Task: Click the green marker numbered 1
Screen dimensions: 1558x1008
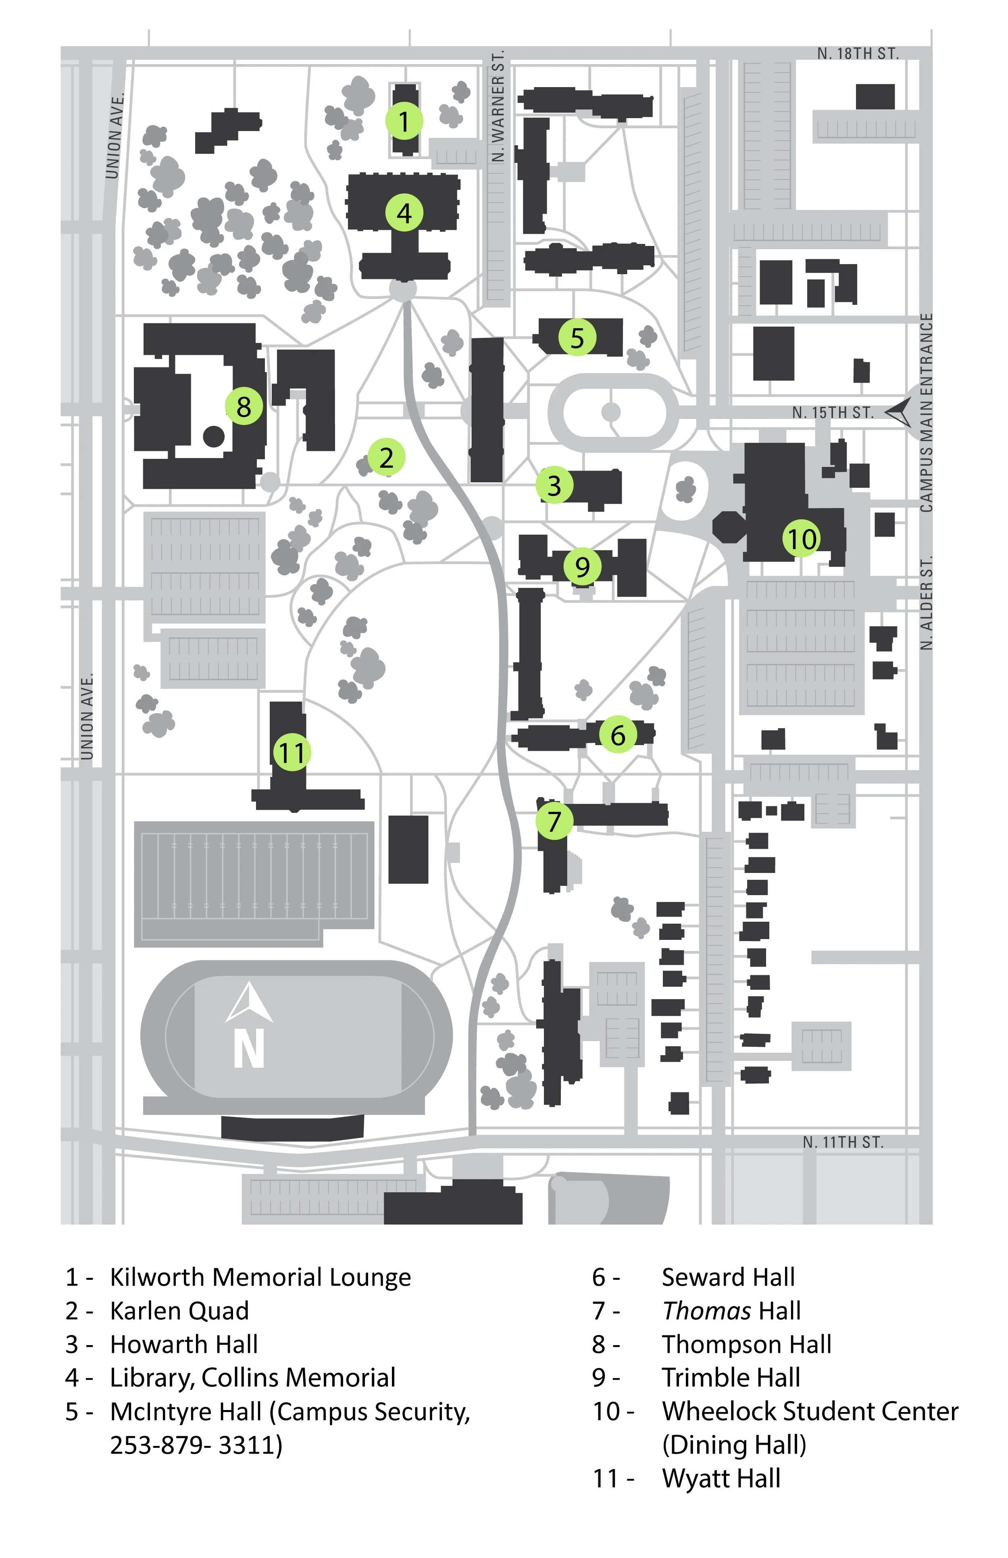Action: point(404,121)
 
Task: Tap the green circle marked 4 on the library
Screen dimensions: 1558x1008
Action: point(404,213)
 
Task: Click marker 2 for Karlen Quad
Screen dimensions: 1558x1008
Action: point(386,458)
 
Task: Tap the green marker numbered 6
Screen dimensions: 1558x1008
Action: point(618,735)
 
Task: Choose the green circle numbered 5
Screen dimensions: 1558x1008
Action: point(577,338)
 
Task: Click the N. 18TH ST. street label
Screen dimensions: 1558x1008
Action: point(858,54)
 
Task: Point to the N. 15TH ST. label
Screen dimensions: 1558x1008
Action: point(833,412)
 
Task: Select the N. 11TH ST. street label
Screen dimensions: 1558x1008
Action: point(843,1142)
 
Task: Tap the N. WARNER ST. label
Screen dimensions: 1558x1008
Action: point(499,106)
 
